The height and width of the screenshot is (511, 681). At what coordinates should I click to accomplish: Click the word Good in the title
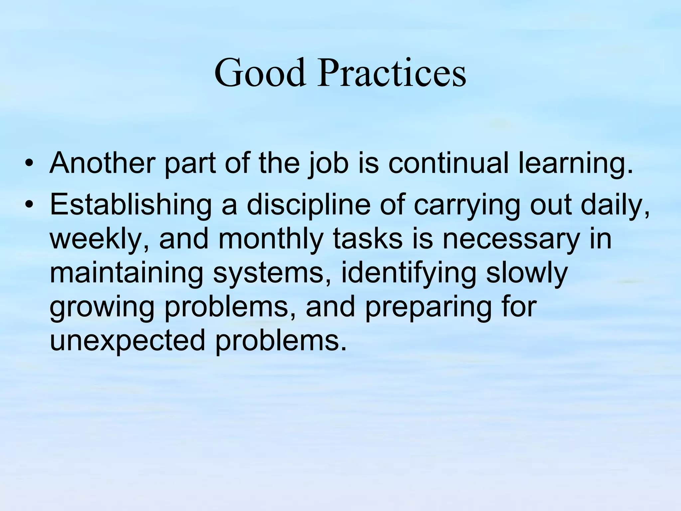pos(260,73)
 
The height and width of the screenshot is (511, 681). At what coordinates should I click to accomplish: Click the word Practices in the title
pos(391,73)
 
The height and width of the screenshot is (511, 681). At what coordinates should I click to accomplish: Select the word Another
pos(101,163)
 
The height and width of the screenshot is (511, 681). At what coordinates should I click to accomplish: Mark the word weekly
pos(96,239)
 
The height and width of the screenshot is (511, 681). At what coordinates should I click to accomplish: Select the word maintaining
pos(126,273)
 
